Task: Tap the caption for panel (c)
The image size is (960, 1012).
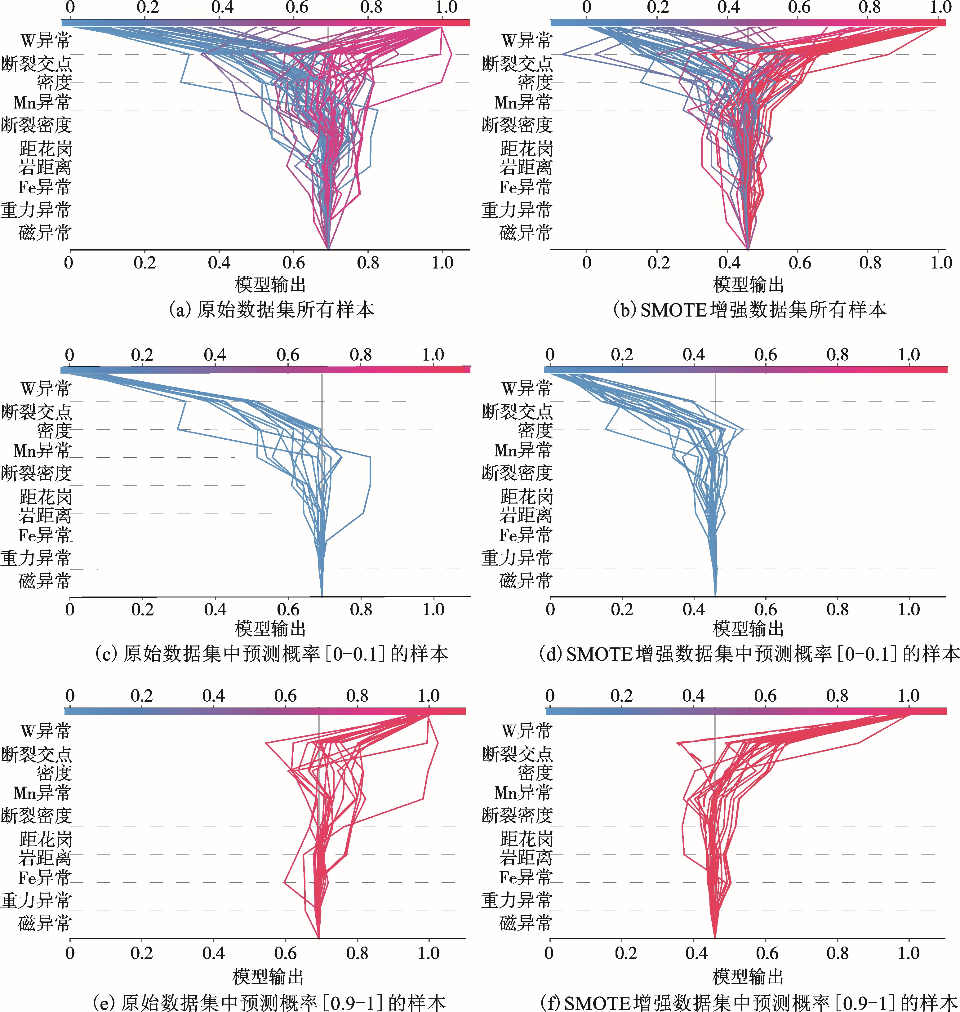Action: pyautogui.click(x=272, y=654)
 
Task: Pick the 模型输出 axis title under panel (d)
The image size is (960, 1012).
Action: pyautogui.click(x=748, y=628)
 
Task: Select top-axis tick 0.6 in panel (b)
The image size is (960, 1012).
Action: pyautogui.click(x=799, y=7)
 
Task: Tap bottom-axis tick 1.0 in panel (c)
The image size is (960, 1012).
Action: pyautogui.click(x=433, y=609)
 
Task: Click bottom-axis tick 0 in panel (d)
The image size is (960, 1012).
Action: pyautogui.click(x=550, y=609)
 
